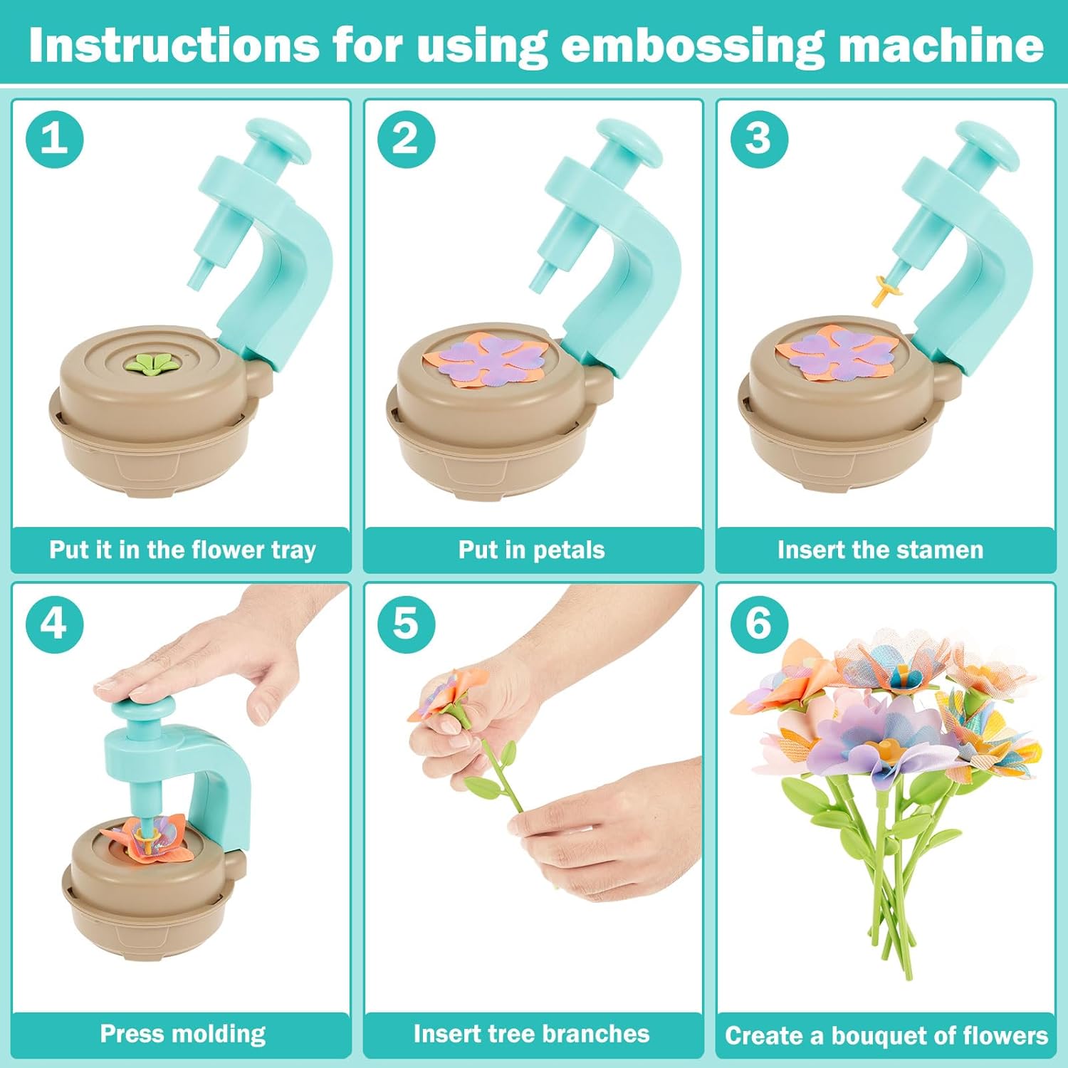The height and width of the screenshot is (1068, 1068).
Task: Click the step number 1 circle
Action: tap(55, 138)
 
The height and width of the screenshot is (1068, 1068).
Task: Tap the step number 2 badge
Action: tap(406, 138)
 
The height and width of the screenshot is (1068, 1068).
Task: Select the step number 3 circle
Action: tap(759, 138)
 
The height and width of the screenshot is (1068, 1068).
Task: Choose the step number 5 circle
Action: tap(406, 624)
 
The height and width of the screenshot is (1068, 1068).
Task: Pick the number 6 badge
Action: tap(759, 624)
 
